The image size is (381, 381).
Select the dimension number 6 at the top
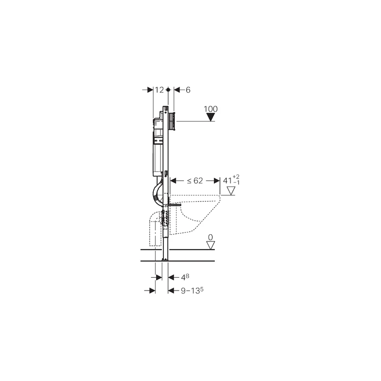(188, 90)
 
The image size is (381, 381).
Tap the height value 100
(211, 109)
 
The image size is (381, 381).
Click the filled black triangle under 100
(211, 118)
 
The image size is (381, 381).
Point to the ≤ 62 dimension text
(194, 180)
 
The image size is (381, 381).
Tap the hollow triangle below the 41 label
(231, 191)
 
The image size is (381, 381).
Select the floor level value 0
(210, 237)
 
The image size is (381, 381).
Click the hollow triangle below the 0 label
(210, 245)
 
